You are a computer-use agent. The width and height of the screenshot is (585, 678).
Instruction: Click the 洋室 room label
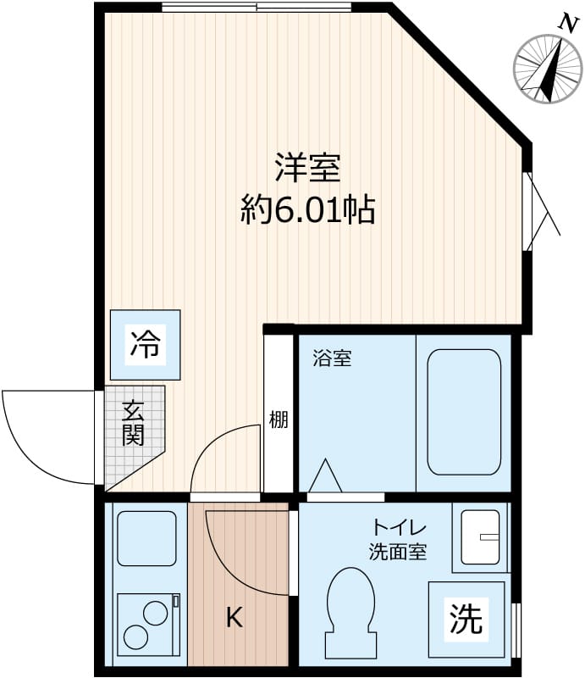308,168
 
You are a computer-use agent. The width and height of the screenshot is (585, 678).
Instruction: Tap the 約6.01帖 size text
307,209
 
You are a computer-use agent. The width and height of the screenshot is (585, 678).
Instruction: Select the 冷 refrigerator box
145,345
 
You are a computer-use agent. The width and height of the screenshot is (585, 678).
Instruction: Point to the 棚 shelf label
279,419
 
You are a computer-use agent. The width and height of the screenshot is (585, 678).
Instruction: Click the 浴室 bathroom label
332,358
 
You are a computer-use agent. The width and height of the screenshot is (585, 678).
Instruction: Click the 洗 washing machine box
466,620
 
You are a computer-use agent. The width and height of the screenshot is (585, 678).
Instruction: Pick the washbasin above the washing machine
480,537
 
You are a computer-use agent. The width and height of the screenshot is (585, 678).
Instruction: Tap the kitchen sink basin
147,538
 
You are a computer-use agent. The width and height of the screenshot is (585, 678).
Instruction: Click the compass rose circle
548,69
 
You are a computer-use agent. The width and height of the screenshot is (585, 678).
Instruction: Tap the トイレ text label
400,528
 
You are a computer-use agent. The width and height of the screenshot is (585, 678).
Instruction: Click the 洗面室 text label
398,553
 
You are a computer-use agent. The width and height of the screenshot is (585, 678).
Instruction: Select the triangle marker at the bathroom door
325,475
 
